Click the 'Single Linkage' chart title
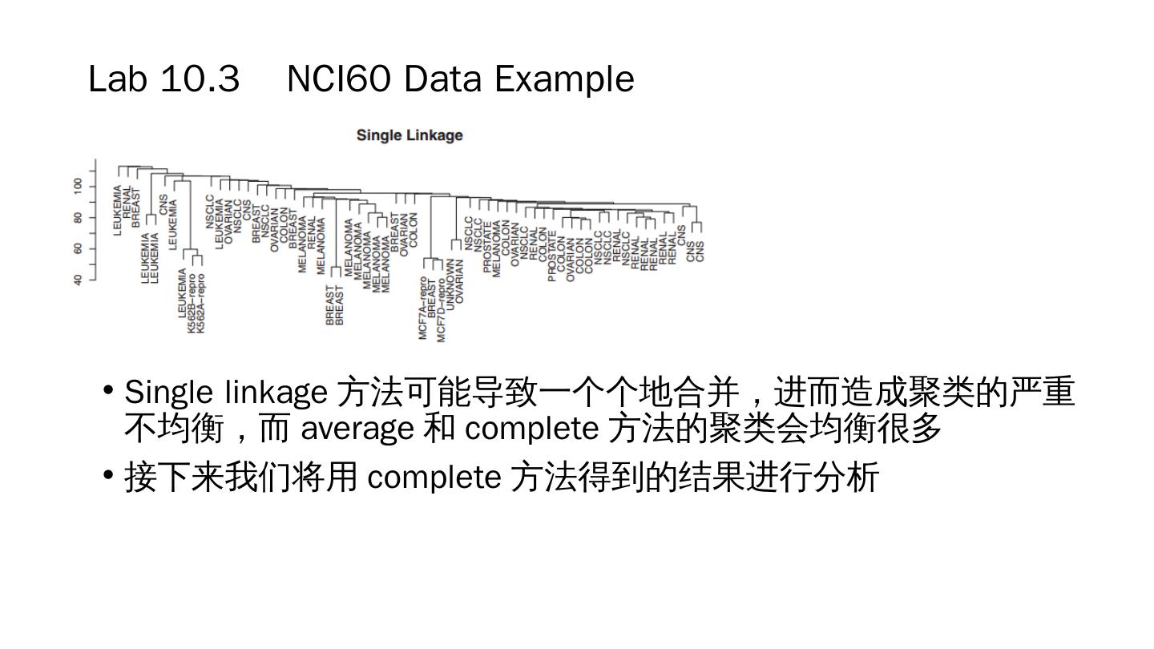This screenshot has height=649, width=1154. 410,135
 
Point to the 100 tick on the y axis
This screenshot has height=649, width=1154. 78,186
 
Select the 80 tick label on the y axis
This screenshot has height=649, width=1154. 78,217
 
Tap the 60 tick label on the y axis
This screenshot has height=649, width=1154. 78,248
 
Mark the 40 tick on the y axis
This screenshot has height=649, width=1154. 78,280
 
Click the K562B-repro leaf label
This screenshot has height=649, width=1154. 192,304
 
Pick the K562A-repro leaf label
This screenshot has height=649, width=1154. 201,304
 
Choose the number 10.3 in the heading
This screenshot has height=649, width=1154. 200,79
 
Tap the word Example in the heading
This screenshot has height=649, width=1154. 564,79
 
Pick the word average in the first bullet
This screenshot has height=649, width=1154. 357,429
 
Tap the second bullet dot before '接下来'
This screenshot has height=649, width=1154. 108,475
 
